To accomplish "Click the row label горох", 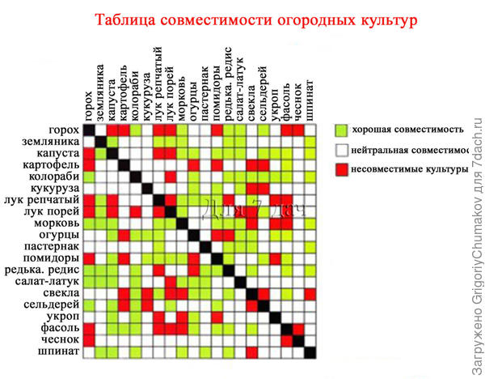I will pos(63,130).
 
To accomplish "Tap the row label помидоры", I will pos(52,258).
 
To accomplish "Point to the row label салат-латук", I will pos(49,282).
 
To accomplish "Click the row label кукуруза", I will pos(54,189).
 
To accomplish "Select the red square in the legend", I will pos(340,171).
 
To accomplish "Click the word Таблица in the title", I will pos(128,19).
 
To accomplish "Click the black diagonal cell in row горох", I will pos(90,130).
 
